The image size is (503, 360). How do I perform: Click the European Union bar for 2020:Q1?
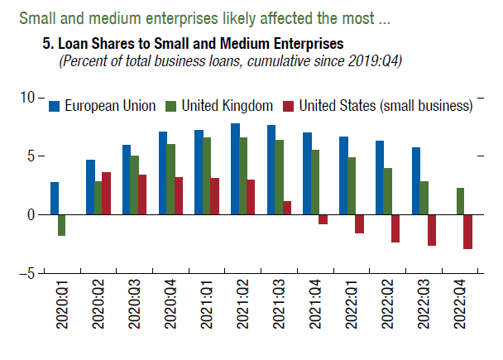(x=55, y=199)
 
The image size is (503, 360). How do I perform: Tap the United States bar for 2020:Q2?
(x=106, y=194)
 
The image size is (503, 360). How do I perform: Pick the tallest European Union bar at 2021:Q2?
(x=236, y=169)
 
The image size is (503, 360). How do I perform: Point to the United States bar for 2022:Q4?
(x=468, y=232)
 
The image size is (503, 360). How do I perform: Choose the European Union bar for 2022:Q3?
(x=415, y=181)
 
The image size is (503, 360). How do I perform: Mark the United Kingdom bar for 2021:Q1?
(x=208, y=176)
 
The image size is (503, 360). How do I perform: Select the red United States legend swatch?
(x=289, y=106)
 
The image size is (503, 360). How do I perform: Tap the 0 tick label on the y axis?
(x=31, y=214)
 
